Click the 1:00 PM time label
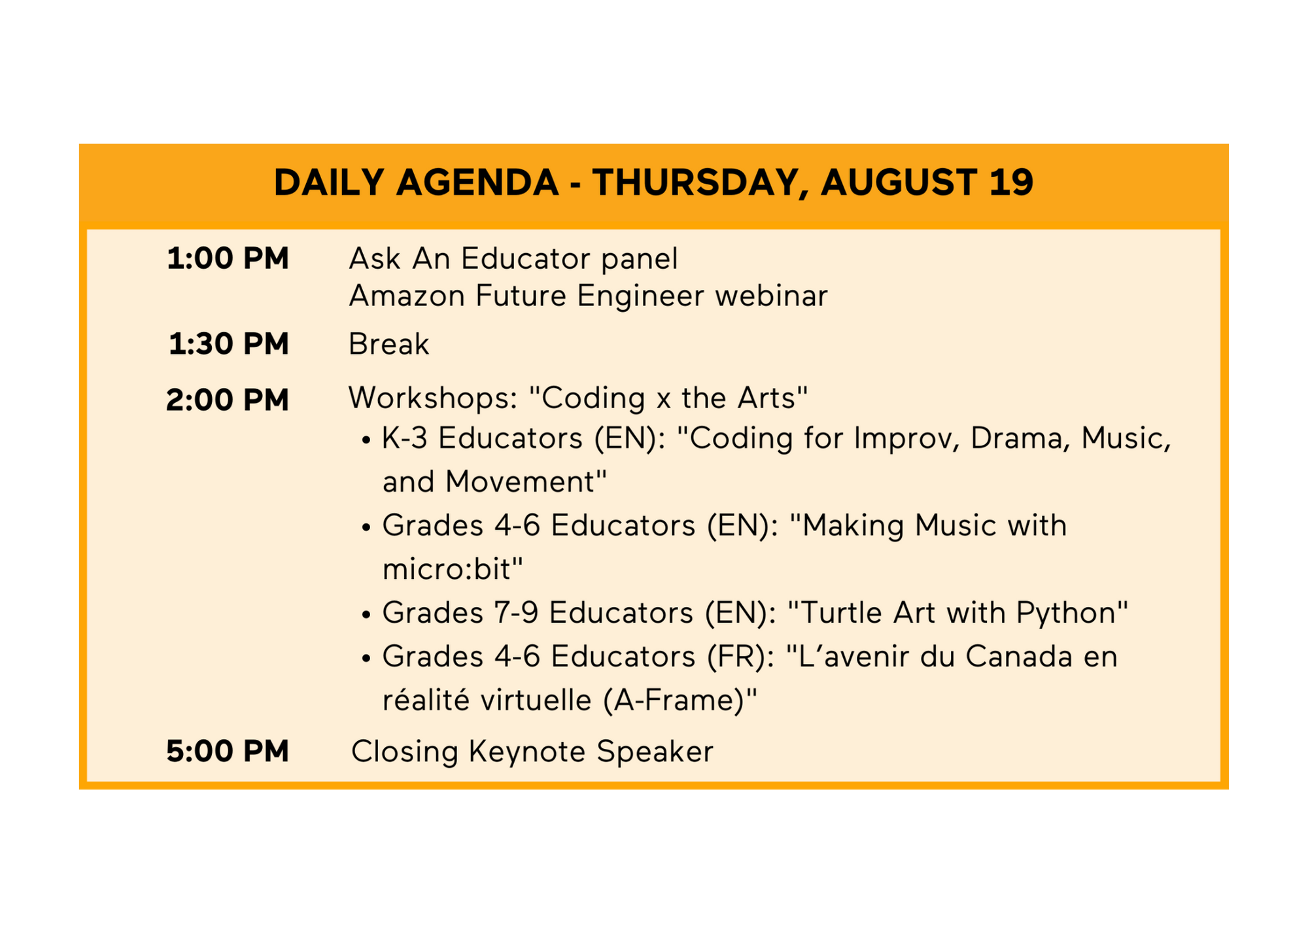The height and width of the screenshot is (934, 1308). (228, 258)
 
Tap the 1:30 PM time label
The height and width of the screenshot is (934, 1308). (228, 344)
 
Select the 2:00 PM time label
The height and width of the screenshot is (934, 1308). (228, 400)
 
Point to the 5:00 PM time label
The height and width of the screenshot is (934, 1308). (228, 751)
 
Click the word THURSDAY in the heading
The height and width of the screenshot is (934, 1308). (696, 183)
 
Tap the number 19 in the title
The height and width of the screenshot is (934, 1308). (1011, 182)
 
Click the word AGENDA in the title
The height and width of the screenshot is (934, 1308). (477, 182)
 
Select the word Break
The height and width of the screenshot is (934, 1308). (389, 344)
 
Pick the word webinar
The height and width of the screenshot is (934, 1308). (772, 296)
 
